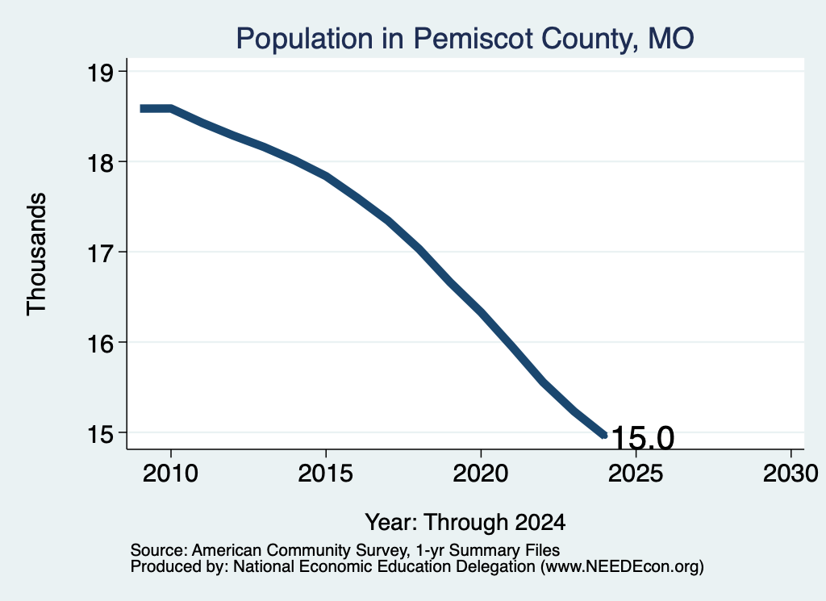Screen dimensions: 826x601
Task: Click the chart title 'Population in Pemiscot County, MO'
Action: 465,39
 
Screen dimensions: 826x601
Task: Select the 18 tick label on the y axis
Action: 100,163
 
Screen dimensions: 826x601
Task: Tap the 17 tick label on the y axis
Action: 100,253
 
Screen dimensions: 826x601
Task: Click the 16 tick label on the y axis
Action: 100,344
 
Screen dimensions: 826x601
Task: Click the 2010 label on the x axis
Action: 171,474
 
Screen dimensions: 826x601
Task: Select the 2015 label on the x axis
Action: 326,474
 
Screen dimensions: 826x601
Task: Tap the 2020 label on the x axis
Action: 481,474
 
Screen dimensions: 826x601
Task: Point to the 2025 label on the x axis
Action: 636,474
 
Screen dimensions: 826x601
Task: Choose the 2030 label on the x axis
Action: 791,474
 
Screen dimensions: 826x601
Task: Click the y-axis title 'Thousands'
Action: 37,254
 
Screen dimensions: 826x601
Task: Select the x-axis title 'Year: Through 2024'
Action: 465,523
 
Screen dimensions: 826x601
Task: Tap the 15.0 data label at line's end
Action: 643,437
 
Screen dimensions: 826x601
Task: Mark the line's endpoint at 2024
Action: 605,435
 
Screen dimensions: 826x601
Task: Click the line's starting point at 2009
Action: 141,109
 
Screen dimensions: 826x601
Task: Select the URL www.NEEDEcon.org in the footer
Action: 622,567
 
